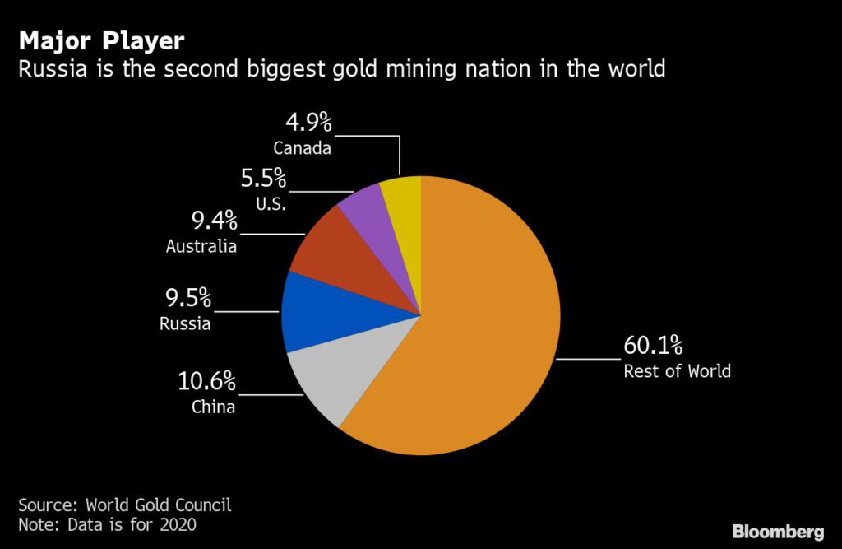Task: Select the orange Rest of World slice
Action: pos(477,329)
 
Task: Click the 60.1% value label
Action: pos(653,344)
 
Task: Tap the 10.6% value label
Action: pos(207,382)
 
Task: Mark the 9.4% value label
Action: pos(213,221)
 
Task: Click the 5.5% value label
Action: pos(262,179)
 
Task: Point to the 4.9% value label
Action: pos(308,123)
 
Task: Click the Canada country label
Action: pos(303,149)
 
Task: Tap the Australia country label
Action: pos(201,246)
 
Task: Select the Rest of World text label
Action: pos(677,371)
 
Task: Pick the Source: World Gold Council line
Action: pos(125,505)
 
